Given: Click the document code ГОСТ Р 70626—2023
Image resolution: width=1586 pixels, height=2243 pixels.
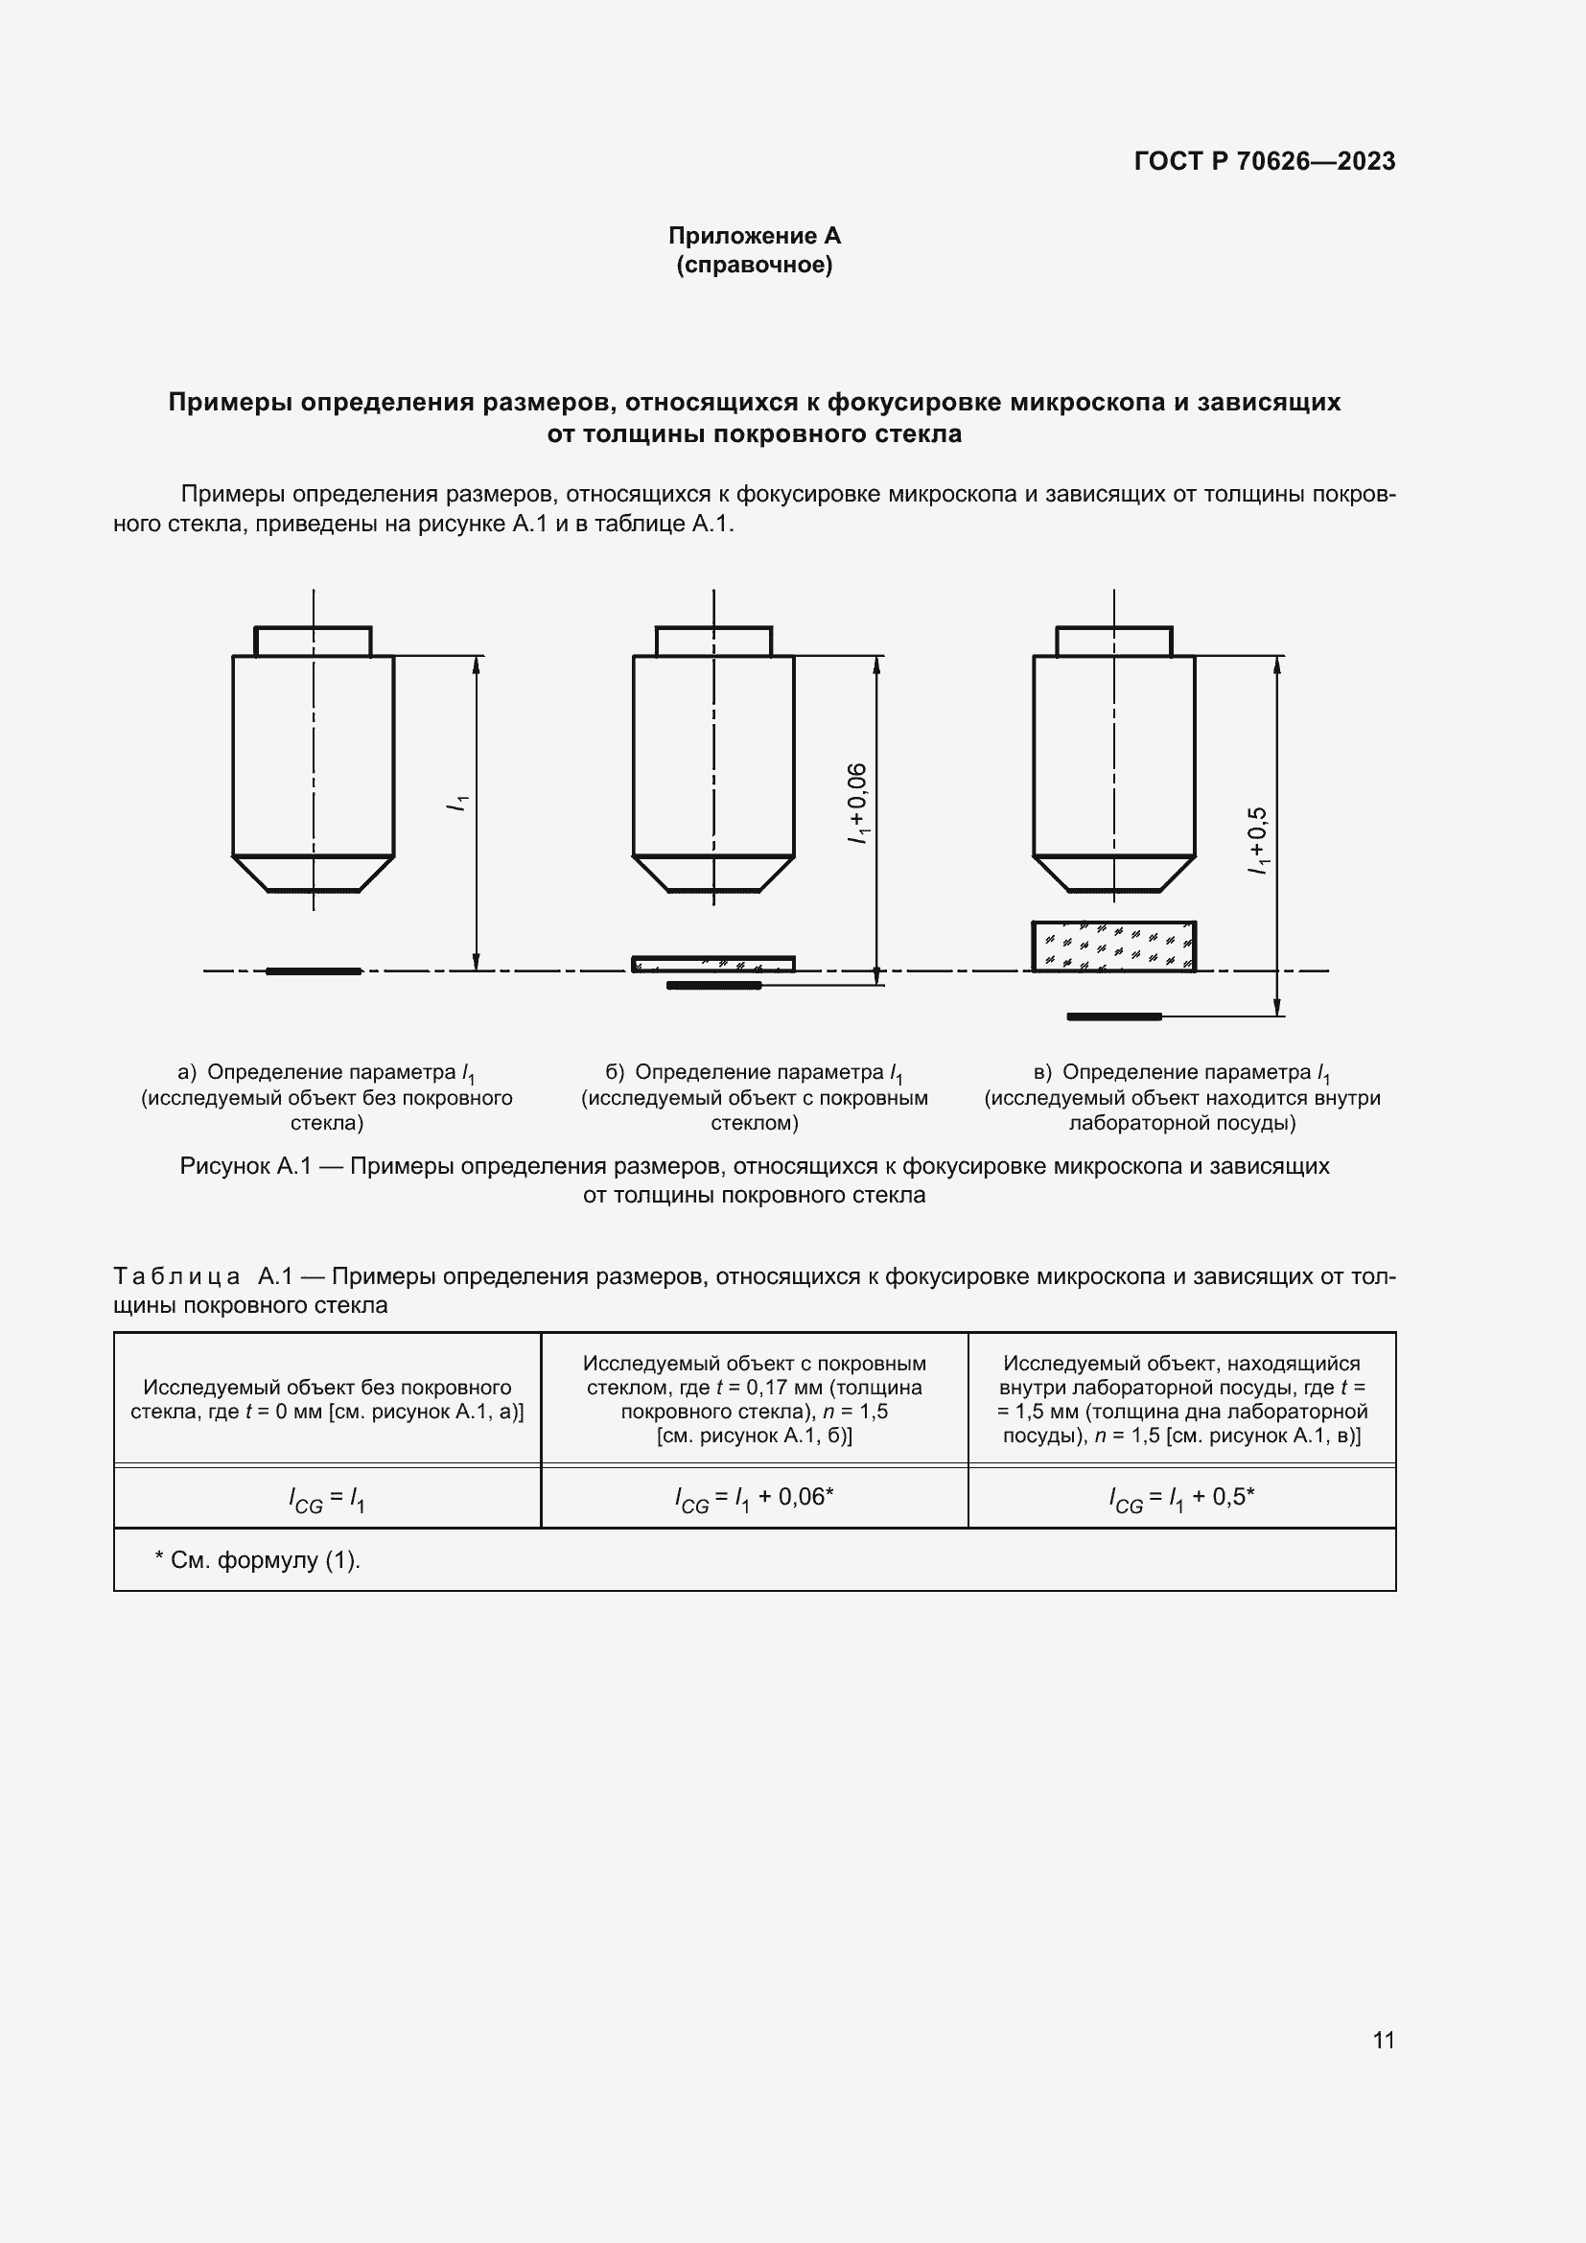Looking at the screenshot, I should coord(1264,161).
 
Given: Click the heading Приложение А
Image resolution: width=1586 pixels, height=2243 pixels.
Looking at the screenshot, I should coord(754,236).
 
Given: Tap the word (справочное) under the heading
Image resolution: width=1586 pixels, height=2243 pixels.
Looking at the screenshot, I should coord(754,265).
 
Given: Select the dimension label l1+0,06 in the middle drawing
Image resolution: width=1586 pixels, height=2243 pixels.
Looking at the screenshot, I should coord(856,804).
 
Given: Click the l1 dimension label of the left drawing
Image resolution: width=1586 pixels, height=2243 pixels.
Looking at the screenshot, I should coord(457,804).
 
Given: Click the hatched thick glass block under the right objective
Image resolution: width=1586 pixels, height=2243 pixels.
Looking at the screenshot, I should coord(1113,946).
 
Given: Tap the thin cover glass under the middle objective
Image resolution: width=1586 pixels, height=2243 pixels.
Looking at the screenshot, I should coord(712,964).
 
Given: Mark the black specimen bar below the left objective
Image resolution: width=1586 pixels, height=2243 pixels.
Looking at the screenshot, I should coord(314,971).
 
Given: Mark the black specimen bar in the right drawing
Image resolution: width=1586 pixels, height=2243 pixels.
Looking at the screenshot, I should coord(1113,1016).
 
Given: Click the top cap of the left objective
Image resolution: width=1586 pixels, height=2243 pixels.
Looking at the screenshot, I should coord(314,642).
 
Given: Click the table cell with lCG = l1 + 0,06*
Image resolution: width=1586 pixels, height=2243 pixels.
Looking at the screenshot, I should coord(754,1498).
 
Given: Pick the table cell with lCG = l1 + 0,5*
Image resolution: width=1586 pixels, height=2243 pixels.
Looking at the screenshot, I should coord(1181,1498).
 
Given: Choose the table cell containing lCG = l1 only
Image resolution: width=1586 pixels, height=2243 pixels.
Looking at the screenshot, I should coord(327,1498).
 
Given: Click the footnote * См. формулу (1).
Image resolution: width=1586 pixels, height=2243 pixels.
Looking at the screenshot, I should coord(258,1560).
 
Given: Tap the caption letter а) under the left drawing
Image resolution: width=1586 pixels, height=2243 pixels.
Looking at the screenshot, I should coord(187,1073).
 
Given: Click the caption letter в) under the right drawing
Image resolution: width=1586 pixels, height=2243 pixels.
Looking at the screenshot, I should coord(1042,1073).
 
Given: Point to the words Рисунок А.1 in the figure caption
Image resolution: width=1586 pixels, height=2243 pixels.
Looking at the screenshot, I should coord(245,1166).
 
